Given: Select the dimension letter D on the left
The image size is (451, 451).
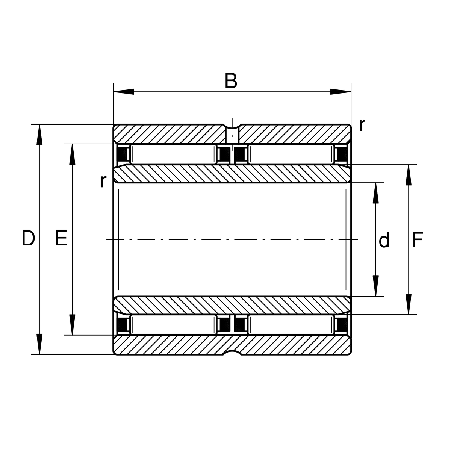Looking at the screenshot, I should tap(28, 239).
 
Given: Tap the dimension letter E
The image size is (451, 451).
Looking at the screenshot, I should tap(61, 239).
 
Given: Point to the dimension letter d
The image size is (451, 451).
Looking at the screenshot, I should tap(384, 241).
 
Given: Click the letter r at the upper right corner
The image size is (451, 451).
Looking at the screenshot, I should tap(362, 125).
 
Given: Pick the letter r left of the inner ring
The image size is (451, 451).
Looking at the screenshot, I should tap(103, 181).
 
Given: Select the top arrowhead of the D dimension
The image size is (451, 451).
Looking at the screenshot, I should tap(39, 135).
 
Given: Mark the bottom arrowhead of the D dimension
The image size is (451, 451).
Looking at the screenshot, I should tap(39, 344).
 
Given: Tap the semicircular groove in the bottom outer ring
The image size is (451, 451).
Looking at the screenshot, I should tap(232, 353).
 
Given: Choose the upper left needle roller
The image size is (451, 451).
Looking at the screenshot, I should tap(173, 154).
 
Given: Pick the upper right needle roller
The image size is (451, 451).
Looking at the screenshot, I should tap(291, 154).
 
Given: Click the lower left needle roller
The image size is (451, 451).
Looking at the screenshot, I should tap(173, 325).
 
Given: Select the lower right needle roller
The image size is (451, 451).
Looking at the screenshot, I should tap(291, 325).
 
